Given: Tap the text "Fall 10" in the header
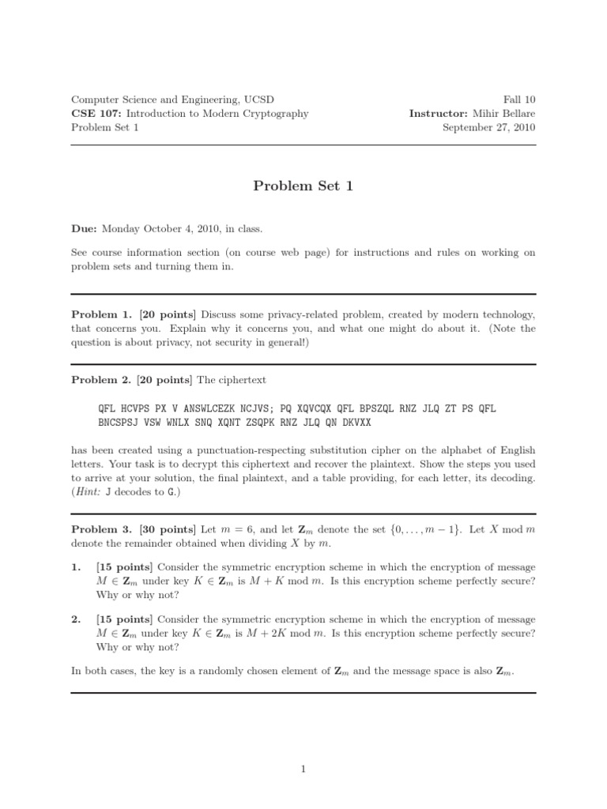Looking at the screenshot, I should [x=519, y=100].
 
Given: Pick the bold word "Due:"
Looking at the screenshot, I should [x=85, y=229].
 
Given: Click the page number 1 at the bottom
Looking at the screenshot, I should [x=303, y=769].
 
